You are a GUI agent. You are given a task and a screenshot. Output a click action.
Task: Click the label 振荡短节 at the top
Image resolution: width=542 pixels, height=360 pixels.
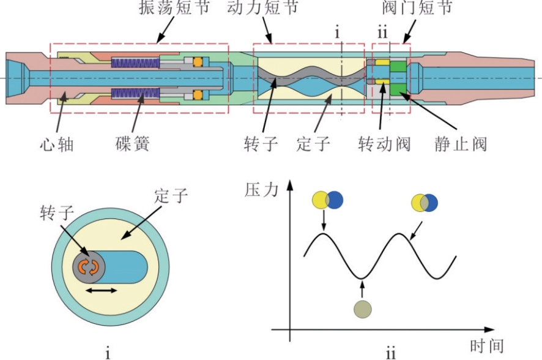(x=174, y=7)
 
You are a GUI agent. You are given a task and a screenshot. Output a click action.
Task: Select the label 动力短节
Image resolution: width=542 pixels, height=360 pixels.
(x=262, y=7)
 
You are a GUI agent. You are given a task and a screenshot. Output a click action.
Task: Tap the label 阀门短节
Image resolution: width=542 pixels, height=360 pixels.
(x=418, y=7)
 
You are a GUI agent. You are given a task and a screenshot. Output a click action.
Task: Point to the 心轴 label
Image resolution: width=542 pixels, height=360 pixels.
(x=57, y=144)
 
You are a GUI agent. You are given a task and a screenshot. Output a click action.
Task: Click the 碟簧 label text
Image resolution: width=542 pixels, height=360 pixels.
(x=132, y=144)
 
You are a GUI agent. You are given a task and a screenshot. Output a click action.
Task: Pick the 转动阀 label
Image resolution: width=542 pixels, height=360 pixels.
(x=385, y=144)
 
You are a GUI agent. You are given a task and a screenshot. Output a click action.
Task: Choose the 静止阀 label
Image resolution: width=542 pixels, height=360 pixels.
(x=461, y=144)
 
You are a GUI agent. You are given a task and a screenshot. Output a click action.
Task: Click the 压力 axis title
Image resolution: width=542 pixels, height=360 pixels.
(x=261, y=190)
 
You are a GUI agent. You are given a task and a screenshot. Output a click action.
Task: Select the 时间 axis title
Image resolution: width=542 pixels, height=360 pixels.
(x=487, y=346)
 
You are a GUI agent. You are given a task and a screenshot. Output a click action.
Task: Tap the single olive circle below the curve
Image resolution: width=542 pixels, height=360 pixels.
(x=363, y=309)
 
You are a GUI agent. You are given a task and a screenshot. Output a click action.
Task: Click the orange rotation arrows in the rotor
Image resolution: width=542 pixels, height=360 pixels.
(x=89, y=267)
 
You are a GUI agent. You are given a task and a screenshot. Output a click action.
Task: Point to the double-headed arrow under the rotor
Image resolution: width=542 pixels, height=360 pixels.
(x=102, y=290)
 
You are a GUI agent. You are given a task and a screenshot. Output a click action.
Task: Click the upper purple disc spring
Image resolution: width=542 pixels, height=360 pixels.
(x=135, y=62)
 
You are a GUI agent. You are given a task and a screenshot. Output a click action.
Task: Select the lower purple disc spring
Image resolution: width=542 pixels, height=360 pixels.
(x=135, y=93)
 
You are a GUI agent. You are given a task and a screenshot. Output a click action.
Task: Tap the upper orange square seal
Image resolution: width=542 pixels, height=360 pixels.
(x=198, y=62)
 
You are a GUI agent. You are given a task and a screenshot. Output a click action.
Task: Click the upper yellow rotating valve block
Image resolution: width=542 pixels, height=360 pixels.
(x=383, y=62)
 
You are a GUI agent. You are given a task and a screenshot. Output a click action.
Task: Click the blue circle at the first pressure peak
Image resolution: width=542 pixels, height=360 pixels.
(x=334, y=200)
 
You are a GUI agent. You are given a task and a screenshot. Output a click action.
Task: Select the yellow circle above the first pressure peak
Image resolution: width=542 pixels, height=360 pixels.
(x=321, y=200)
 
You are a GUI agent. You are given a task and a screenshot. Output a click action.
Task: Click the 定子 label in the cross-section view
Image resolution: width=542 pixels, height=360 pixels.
(x=171, y=196)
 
